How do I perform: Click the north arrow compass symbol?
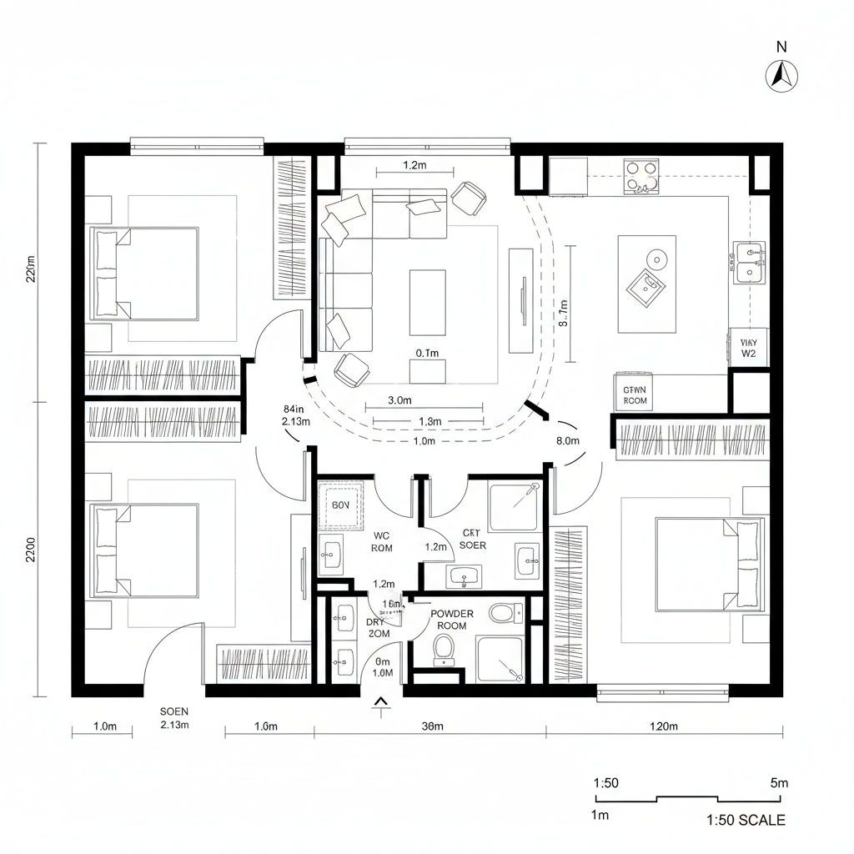pos(781,76)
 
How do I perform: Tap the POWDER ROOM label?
pos(452,620)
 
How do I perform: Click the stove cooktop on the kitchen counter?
pos(641,178)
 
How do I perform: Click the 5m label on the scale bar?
pos(778,783)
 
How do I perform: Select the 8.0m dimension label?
pos(567,440)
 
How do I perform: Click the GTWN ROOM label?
pos(635,394)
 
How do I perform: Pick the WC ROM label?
pos(382,542)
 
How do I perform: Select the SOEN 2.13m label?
pos(174,718)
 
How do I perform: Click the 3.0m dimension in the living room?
pos(400,400)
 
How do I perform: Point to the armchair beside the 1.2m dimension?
pos(469,198)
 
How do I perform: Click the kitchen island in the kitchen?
pos(646,284)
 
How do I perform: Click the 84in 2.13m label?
pos(295,415)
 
